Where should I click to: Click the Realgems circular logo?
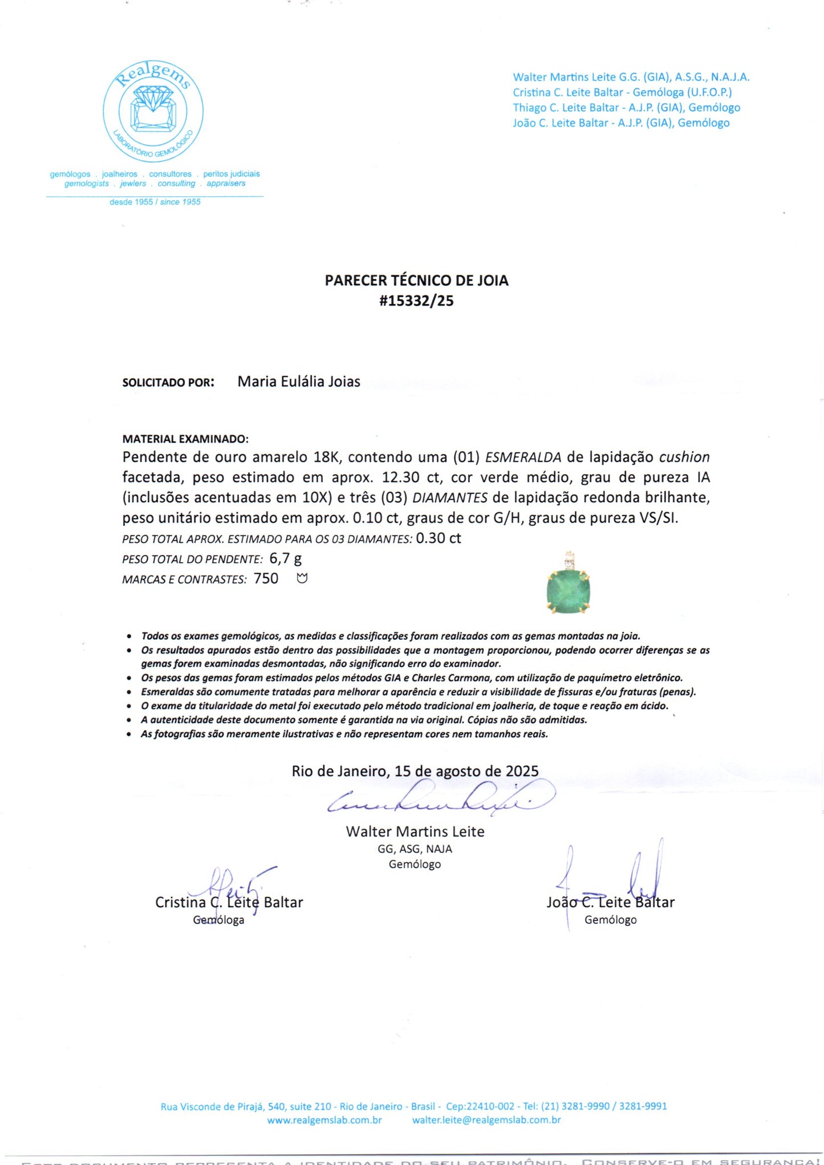153,112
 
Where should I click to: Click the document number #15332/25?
416,301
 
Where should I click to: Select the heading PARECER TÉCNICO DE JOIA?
416,280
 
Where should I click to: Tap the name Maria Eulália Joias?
299,381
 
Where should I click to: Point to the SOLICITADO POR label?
168,383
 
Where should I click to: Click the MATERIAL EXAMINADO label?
185,439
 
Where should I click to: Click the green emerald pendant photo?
569,585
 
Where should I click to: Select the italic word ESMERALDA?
523,457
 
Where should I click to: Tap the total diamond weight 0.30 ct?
438,538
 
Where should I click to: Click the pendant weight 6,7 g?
285,559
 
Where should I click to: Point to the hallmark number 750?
266,579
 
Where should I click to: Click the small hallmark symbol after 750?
302,579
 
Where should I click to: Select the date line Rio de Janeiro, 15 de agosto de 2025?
415,771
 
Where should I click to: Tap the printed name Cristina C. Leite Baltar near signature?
229,902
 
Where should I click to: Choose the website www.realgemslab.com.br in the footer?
324,1120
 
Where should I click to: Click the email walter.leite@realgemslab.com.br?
486,1120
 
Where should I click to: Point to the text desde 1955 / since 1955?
155,202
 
